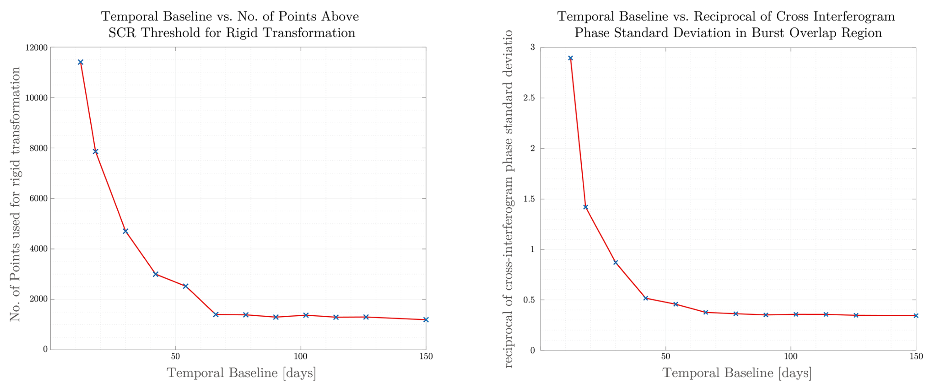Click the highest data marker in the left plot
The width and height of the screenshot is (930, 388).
80,62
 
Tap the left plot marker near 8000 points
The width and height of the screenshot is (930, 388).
96,151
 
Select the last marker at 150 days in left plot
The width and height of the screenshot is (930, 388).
426,319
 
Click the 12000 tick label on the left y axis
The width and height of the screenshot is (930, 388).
36,47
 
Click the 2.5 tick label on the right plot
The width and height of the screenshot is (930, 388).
529,98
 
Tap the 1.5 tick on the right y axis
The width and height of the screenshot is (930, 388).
529,199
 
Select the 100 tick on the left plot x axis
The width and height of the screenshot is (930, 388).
300,357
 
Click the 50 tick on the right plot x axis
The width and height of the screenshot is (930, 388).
665,357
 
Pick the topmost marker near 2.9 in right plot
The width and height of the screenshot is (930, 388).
571,58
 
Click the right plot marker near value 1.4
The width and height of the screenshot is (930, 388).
585,207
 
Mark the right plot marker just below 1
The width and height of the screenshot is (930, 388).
616,262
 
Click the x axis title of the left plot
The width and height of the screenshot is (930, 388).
241,372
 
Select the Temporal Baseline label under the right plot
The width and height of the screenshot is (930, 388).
737,372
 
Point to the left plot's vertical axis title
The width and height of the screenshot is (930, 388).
15,194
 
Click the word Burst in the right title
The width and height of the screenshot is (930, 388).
768,33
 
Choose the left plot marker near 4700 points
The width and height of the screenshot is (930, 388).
126,231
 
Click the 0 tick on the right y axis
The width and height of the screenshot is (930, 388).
532,350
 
